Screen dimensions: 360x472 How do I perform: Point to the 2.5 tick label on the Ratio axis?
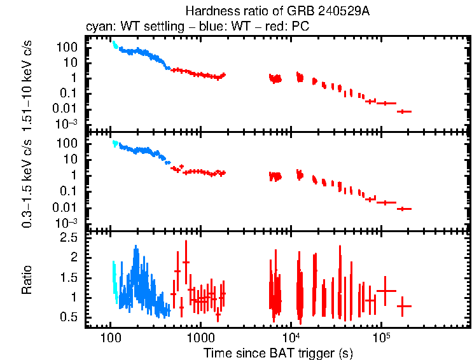[71, 237]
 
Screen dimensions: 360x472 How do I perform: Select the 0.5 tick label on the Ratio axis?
[71, 317]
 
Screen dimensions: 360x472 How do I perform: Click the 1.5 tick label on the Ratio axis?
[71, 277]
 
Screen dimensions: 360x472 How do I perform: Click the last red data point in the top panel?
[405, 111]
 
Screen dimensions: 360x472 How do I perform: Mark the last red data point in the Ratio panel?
[405, 306]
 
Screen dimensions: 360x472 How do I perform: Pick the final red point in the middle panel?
[405, 209]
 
